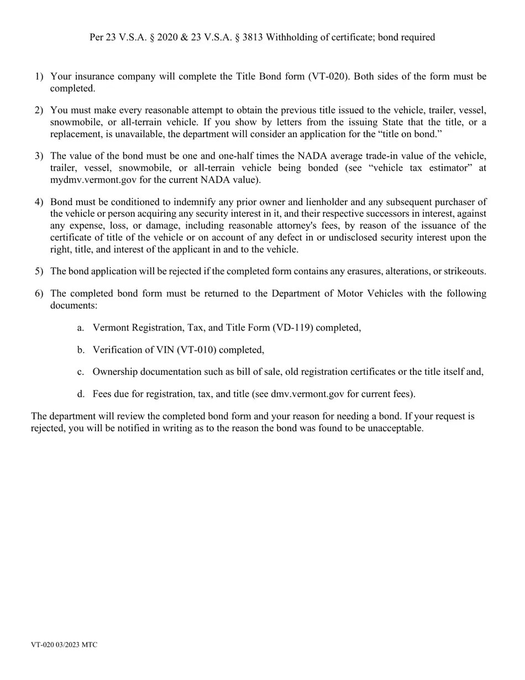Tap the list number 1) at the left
click(x=39, y=76)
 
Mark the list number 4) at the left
click(x=39, y=202)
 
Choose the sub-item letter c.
click(x=81, y=372)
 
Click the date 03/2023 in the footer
click(x=67, y=645)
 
